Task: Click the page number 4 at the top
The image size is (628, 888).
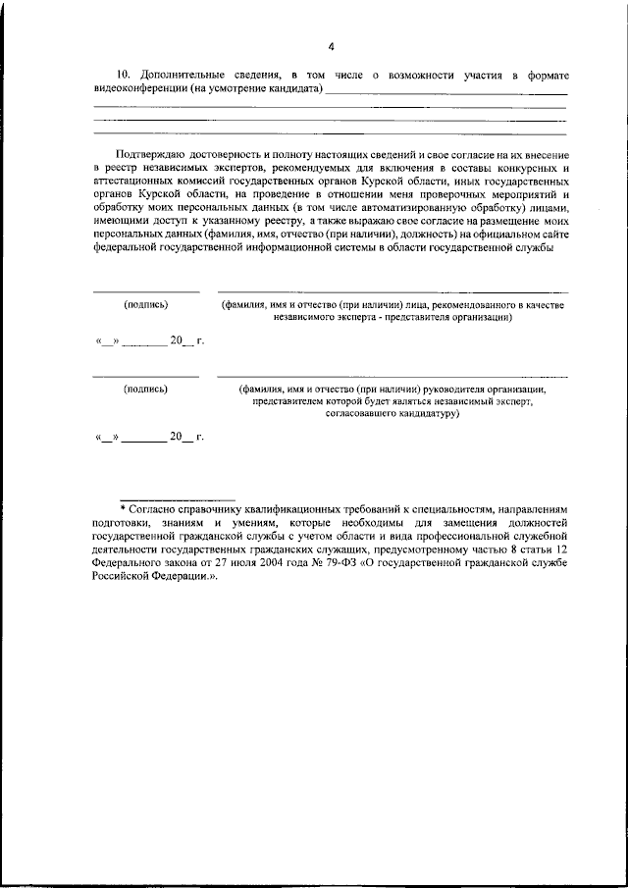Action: pyautogui.click(x=331, y=46)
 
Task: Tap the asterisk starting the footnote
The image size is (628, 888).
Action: pyautogui.click(x=124, y=511)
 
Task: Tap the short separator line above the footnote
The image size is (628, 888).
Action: pyautogui.click(x=177, y=499)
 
